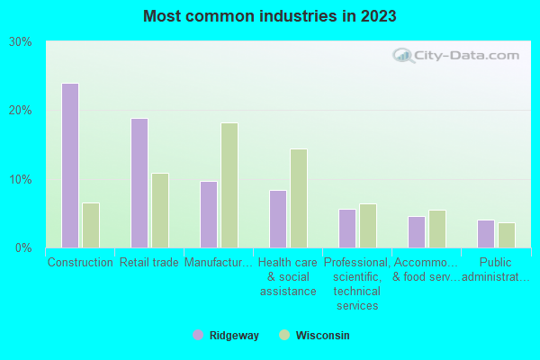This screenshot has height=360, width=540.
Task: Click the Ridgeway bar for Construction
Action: pos(70,166)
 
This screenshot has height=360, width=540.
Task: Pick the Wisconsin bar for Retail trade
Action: pos(160,211)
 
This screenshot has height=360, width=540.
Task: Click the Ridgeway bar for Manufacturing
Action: pos(209,214)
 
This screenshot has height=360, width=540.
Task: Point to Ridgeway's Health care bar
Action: pos(278,219)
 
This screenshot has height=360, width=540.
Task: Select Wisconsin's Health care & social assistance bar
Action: pos(299,198)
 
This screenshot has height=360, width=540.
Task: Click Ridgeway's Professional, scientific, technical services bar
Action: pos(347,229)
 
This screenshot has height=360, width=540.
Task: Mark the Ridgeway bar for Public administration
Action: pos(486,234)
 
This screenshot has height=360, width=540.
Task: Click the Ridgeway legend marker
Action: pos(198,335)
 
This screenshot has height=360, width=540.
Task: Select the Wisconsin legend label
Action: pos(323,336)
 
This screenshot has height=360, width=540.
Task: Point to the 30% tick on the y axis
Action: pos(21,42)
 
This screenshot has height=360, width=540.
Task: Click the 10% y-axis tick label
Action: pos(21,179)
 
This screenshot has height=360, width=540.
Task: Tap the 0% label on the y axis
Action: pos(24,247)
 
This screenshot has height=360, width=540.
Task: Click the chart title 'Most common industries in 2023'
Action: pos(270,16)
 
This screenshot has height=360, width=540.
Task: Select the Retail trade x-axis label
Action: pos(149,263)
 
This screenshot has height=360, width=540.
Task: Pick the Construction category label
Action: pos(80,263)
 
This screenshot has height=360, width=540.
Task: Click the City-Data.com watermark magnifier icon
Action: pos(404,56)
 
